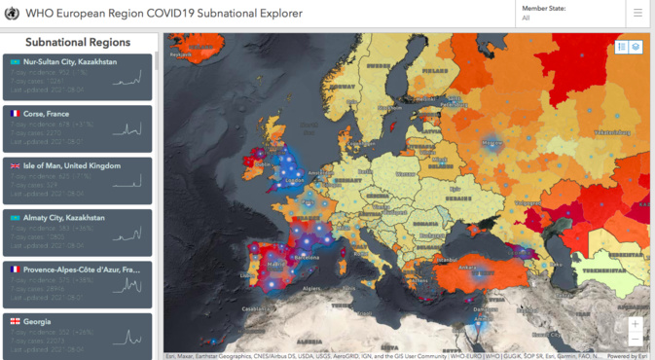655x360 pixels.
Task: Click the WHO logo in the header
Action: pos(13,14)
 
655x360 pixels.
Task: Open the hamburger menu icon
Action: pos(637,14)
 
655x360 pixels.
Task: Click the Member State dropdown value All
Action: pos(527,18)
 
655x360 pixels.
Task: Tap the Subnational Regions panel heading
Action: pos(78,43)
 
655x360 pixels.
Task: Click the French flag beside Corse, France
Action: pos(16,114)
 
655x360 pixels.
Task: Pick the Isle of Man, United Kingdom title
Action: pos(73,166)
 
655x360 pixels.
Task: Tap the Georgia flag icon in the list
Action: pos(16,322)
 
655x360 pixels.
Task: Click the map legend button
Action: pos(622,47)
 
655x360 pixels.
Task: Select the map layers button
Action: pos(636,47)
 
